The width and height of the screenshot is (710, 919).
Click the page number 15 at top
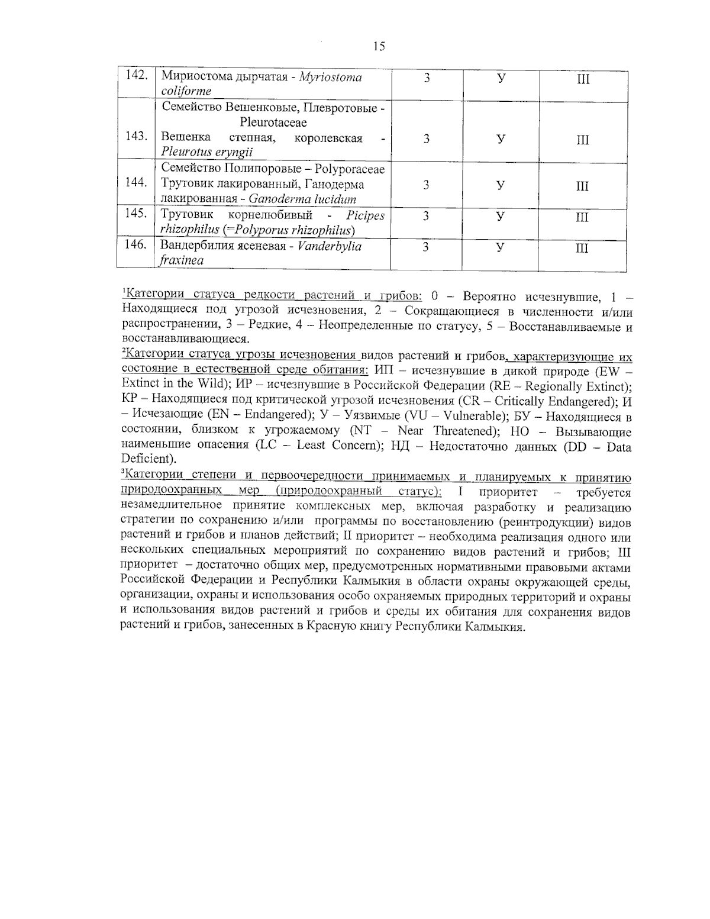[x=379, y=47]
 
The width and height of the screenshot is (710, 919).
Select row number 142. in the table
[x=136, y=76]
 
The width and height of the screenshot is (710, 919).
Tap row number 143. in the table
[x=136, y=137]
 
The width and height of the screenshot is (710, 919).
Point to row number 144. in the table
[x=136, y=183]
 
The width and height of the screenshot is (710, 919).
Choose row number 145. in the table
[x=136, y=214]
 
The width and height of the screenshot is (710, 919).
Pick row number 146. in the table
[x=136, y=244]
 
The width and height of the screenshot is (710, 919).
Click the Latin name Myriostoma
[x=331, y=78]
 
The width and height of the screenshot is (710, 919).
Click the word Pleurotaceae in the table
[x=273, y=123]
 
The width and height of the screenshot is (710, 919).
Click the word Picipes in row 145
[x=365, y=215]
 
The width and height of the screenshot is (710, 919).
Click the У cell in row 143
[x=501, y=139]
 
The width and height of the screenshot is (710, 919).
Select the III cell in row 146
[x=583, y=248]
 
